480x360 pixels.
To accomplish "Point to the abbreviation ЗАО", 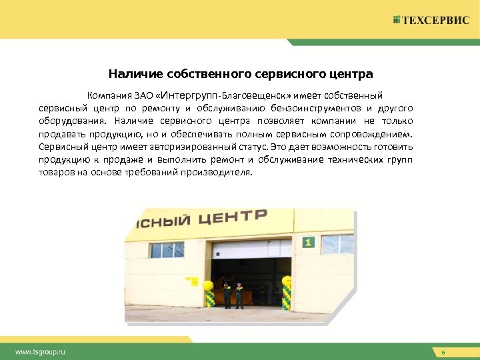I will (x=146, y=97).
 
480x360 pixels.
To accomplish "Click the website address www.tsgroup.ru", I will (x=41, y=351).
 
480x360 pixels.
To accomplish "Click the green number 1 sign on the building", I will (x=307, y=242).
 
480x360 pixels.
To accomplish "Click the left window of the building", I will (x=167, y=250).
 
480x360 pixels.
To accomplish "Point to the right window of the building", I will (x=337, y=244).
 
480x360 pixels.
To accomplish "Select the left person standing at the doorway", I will (x=227, y=295).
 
